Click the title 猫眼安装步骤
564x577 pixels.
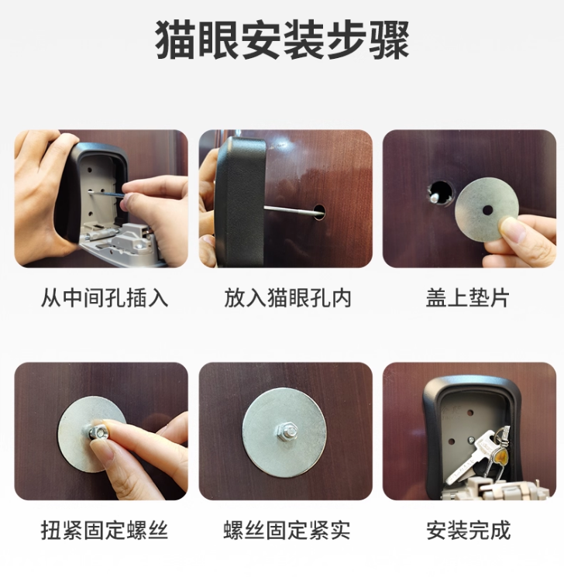(x=282, y=39)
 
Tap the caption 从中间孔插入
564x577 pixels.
(x=105, y=297)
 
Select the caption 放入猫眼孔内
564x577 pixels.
(x=287, y=297)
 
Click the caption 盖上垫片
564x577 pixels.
(x=467, y=297)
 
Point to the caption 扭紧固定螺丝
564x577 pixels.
(x=105, y=530)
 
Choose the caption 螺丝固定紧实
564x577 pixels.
(x=287, y=530)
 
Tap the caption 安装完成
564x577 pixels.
(x=468, y=530)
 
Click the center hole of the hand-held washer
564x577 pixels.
(x=487, y=211)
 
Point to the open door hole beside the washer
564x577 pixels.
(x=440, y=193)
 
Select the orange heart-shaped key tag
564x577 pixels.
(x=500, y=459)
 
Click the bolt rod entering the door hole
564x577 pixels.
(x=291, y=210)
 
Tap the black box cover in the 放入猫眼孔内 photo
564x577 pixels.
(x=239, y=201)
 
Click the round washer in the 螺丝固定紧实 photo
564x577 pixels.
(x=284, y=431)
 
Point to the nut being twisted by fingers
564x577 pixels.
(x=98, y=431)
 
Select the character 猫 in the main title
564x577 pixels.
(x=174, y=39)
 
